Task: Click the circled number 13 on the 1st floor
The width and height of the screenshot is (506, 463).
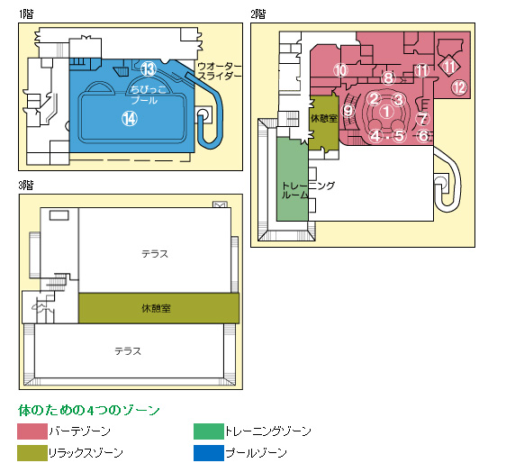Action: tap(149, 68)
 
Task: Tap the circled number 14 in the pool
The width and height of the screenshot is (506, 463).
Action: tap(130, 119)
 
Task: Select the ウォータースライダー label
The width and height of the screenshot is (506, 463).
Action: tap(219, 71)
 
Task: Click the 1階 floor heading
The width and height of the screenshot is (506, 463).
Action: tap(26, 14)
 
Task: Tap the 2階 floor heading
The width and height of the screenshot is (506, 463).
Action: tap(258, 14)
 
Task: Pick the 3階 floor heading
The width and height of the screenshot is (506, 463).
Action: tap(26, 186)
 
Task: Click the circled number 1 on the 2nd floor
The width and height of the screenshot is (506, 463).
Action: tap(386, 112)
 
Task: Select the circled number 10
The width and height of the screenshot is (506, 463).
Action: tap(340, 70)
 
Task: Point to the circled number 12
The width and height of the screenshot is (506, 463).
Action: tap(459, 87)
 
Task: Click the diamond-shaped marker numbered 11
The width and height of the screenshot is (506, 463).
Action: tap(449, 66)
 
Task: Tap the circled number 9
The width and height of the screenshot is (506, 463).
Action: tap(348, 111)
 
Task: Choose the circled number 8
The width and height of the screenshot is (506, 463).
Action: tap(388, 77)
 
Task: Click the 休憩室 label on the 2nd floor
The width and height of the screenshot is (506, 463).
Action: tap(323, 119)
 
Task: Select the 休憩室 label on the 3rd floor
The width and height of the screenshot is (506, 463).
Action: tap(156, 308)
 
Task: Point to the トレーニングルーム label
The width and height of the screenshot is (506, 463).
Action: tap(308, 190)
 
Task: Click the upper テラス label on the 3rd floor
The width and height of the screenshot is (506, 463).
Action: tap(155, 254)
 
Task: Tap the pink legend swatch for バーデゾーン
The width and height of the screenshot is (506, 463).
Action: tap(32, 431)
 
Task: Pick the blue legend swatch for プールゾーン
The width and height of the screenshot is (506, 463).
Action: tap(209, 453)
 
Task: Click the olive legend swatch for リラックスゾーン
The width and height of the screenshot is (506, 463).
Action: tap(32, 453)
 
